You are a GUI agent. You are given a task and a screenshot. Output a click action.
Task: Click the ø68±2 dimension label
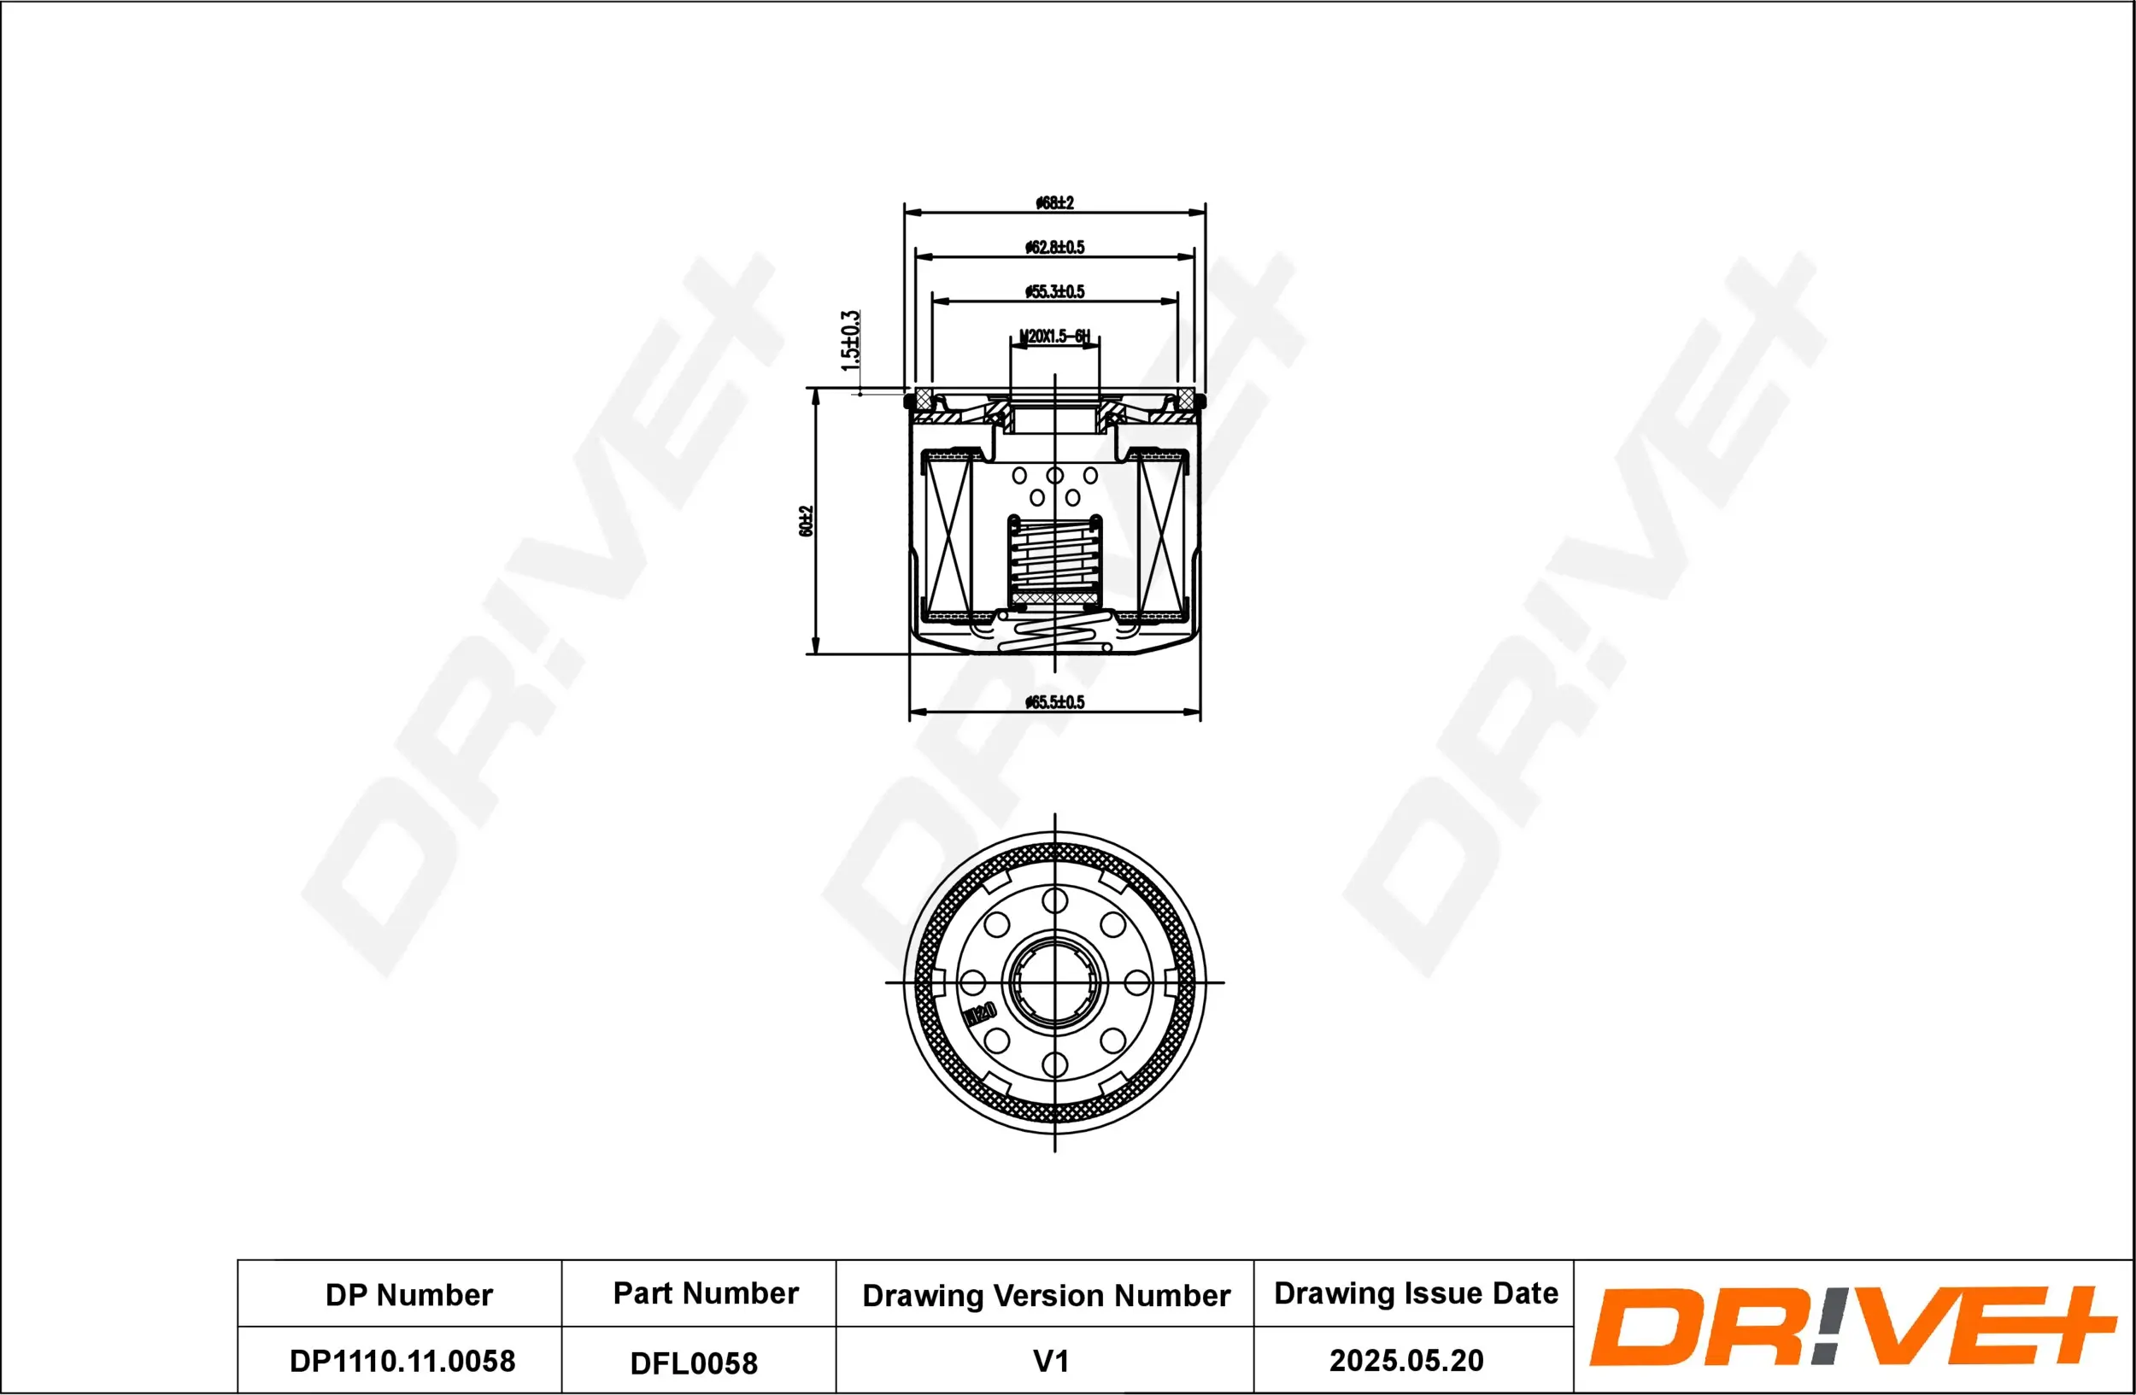tap(1054, 202)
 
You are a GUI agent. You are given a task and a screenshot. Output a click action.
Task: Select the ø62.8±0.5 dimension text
tap(1054, 247)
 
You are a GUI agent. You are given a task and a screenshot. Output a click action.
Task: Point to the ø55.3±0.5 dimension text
tap(1054, 291)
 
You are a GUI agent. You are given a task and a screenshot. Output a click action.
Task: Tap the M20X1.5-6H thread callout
tap(1054, 337)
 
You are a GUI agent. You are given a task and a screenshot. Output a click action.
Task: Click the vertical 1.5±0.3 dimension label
tap(850, 341)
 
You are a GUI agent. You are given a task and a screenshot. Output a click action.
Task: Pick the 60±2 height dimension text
tap(806, 521)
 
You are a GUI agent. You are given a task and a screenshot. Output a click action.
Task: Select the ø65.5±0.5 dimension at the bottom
tap(1054, 702)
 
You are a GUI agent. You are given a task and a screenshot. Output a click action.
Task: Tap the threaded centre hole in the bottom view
tap(1054, 982)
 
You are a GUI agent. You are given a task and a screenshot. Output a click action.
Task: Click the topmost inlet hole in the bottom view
tap(1054, 900)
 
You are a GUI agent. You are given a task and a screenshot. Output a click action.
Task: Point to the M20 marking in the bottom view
tap(980, 1015)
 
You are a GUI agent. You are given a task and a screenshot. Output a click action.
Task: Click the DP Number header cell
tap(408, 1294)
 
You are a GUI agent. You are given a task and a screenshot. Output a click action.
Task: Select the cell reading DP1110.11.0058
tap(402, 1361)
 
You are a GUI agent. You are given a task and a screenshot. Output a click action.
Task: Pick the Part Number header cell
tap(706, 1292)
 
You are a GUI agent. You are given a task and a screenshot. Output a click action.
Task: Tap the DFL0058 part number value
tap(694, 1363)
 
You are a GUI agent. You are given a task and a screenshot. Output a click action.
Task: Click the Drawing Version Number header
tap(1046, 1295)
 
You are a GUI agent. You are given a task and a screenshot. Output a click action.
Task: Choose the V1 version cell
tap(1051, 1361)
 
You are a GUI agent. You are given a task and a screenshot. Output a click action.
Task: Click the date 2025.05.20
tap(1406, 1360)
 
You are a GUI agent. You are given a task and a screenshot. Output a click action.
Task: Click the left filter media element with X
tap(948, 536)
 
